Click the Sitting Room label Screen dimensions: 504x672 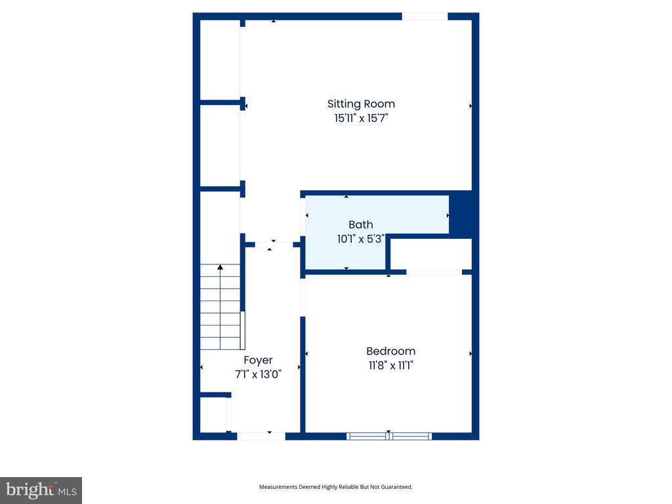click(x=361, y=104)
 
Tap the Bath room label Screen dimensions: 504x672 click(x=360, y=225)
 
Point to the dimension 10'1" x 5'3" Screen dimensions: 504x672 click(x=360, y=240)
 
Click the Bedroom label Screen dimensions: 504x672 click(x=390, y=351)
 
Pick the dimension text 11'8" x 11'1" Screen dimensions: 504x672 click(x=390, y=366)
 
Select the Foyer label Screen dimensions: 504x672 click(x=258, y=360)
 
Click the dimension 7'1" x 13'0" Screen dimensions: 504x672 click(x=258, y=375)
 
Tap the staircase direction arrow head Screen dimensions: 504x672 click(x=220, y=267)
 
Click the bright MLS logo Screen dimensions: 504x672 click(x=41, y=490)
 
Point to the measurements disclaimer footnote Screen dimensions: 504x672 click(x=335, y=487)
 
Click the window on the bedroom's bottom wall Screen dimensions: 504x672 click(x=388, y=436)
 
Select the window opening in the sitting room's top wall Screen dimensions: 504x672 click(x=425, y=16)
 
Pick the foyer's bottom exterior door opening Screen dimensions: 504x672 click(x=261, y=436)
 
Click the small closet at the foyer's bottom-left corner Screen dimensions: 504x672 click(x=213, y=414)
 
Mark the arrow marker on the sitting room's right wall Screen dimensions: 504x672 click(x=471, y=106)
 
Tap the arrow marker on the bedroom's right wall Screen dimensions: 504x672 click(x=471, y=354)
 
